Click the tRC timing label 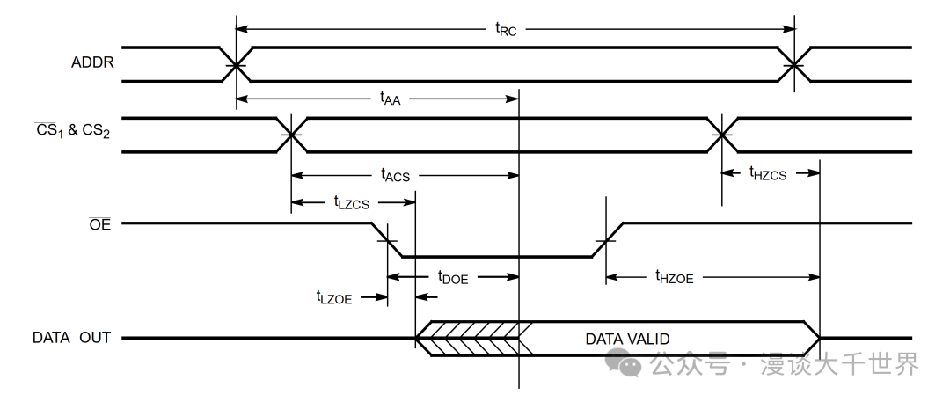[505, 29]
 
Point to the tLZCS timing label [352, 203]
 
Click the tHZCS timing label [769, 173]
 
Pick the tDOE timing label [453, 276]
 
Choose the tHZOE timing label [675, 276]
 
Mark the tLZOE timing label [334, 297]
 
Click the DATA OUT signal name [71, 338]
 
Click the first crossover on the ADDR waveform [236, 64]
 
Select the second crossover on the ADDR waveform [794, 64]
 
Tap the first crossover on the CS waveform [291, 135]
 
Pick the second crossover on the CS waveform [721, 135]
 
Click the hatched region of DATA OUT [471, 338]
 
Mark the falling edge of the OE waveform [388, 240]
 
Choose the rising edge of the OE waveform [606, 240]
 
